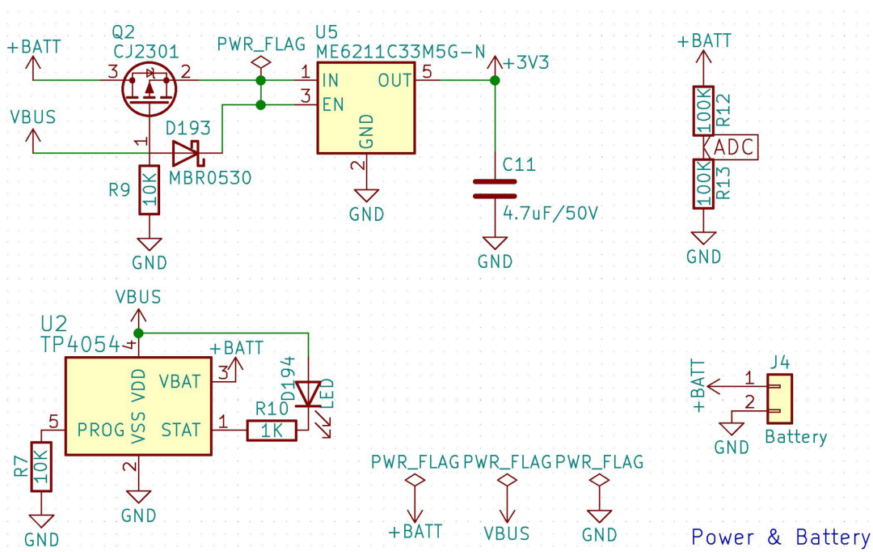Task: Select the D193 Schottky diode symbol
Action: click(187, 152)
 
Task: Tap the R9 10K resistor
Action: click(149, 189)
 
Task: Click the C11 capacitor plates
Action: click(495, 189)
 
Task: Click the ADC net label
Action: click(735, 147)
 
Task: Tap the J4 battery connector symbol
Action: click(781, 398)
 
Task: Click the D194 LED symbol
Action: click(308, 394)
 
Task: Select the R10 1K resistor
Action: click(272, 431)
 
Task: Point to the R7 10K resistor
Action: click(40, 466)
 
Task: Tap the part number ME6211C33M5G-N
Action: click(401, 53)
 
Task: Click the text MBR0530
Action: click(210, 176)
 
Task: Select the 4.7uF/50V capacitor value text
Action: click(550, 214)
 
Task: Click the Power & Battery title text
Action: click(780, 537)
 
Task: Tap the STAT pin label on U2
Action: click(180, 429)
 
